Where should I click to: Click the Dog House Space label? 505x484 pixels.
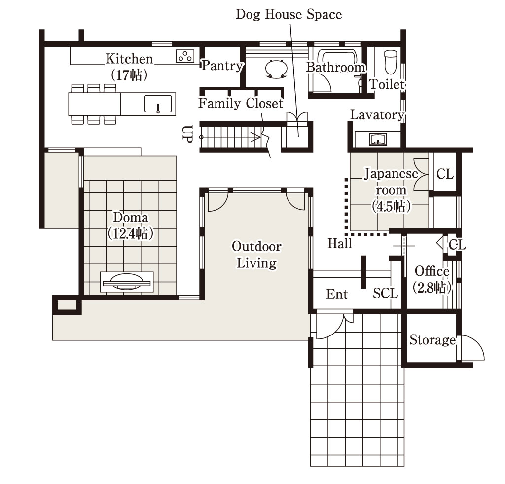[289, 14]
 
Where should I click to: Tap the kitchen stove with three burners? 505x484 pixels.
[185, 56]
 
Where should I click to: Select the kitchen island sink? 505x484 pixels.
[158, 104]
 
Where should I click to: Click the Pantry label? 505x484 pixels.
[222, 66]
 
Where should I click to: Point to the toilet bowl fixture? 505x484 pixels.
[391, 62]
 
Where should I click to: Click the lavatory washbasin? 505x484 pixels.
[378, 139]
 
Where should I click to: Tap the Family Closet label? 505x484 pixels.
[241, 103]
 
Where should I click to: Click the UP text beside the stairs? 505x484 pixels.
[187, 134]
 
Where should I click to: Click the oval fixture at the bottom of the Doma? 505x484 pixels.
[127, 282]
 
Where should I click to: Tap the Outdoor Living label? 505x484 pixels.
[256, 255]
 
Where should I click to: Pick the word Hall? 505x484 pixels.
[340, 243]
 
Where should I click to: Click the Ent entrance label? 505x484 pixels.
[337, 294]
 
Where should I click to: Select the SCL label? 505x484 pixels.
[386, 293]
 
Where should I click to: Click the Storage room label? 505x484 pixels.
[433, 340]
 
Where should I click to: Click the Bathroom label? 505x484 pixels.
[336, 68]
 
